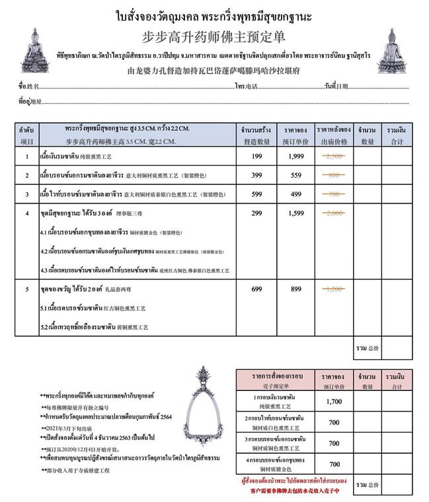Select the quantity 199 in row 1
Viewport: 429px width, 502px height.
click(x=256, y=157)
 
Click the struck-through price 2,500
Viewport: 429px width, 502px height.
click(x=335, y=157)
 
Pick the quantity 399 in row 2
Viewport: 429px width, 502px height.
click(x=256, y=175)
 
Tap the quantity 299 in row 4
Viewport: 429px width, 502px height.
click(x=256, y=213)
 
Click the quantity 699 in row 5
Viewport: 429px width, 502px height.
click(x=256, y=289)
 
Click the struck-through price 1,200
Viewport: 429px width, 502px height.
click(x=335, y=289)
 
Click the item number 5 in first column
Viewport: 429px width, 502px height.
click(x=26, y=289)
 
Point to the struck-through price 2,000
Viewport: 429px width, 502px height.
click(x=335, y=213)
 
